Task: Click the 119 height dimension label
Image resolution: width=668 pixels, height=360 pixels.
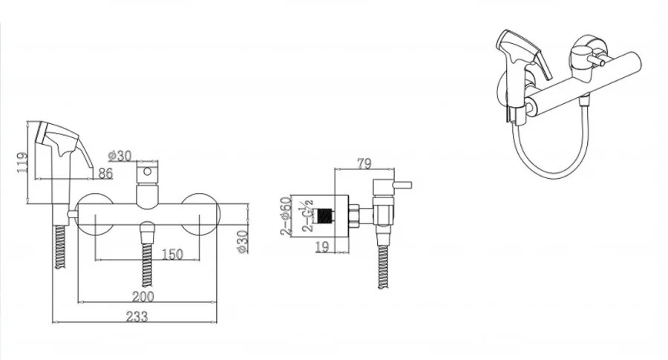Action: [x=22, y=163]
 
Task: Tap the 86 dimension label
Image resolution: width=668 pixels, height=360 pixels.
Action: [x=105, y=174]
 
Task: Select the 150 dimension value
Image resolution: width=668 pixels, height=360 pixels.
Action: [x=172, y=255]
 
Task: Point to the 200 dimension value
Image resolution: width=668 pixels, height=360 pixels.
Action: [x=143, y=296]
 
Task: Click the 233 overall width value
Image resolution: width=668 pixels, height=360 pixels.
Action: [x=137, y=316]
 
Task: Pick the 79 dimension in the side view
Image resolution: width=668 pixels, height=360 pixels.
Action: [x=364, y=163]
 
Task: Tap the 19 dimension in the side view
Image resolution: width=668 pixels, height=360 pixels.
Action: [x=323, y=246]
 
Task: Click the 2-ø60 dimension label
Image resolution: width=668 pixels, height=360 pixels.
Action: [x=286, y=215]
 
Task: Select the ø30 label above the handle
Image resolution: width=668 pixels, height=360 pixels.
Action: [x=119, y=156]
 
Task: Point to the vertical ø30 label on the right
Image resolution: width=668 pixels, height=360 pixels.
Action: [x=243, y=241]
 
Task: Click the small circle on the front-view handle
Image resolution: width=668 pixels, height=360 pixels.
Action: [x=147, y=171]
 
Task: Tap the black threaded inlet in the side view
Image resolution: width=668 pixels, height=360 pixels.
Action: [x=326, y=215]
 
